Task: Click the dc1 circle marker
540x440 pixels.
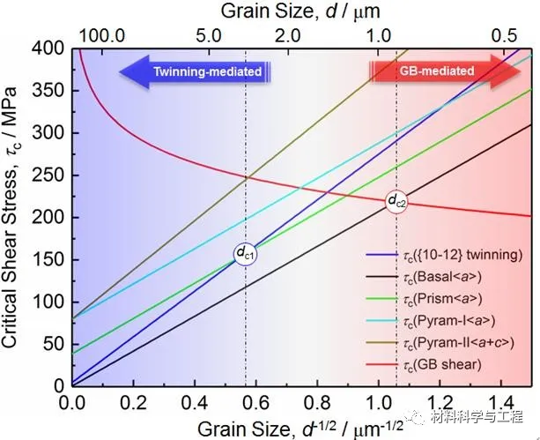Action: (245, 254)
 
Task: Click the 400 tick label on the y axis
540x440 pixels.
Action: (52, 48)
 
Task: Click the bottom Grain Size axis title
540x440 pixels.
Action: (292, 427)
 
